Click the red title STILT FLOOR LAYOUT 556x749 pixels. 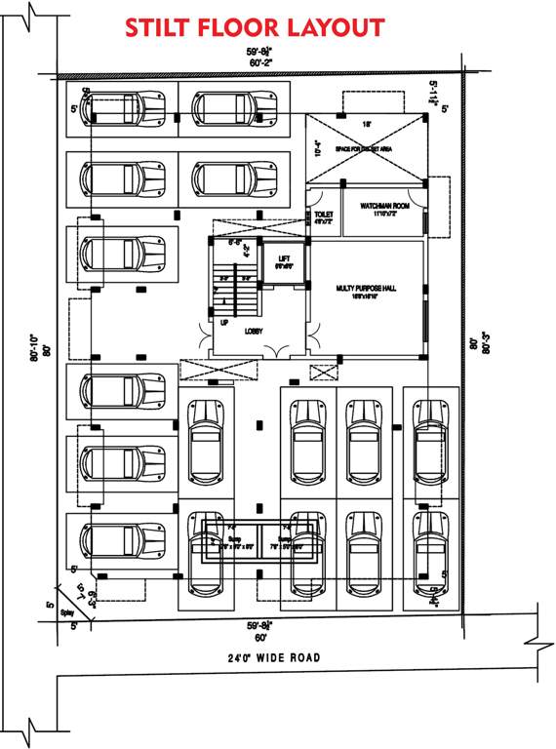[x=254, y=26]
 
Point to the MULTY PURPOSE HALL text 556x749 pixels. [x=366, y=289]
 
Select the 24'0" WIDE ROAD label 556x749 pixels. [x=268, y=658]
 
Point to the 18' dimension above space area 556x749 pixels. [x=367, y=125]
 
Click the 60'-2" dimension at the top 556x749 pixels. [x=259, y=62]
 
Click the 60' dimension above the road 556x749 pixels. [x=260, y=636]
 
